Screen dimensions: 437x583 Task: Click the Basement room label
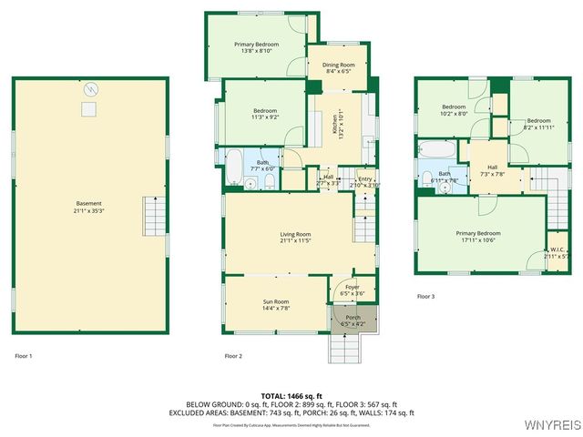[88, 207]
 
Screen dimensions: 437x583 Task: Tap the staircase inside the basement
[154, 216]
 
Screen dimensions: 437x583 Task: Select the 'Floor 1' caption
[24, 356]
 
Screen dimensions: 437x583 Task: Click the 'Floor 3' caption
[426, 297]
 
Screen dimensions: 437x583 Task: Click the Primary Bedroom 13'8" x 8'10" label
[256, 48]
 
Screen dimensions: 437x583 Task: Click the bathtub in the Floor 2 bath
[233, 168]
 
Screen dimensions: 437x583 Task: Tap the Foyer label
[352, 290]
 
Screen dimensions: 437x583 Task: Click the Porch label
[352, 320]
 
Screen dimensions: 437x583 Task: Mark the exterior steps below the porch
[343, 347]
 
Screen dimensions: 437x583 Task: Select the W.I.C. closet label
[555, 253]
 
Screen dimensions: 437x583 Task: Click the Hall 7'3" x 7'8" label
[492, 170]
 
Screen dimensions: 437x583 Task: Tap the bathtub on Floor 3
[438, 149]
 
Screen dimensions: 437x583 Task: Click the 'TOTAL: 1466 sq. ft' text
[291, 396]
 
